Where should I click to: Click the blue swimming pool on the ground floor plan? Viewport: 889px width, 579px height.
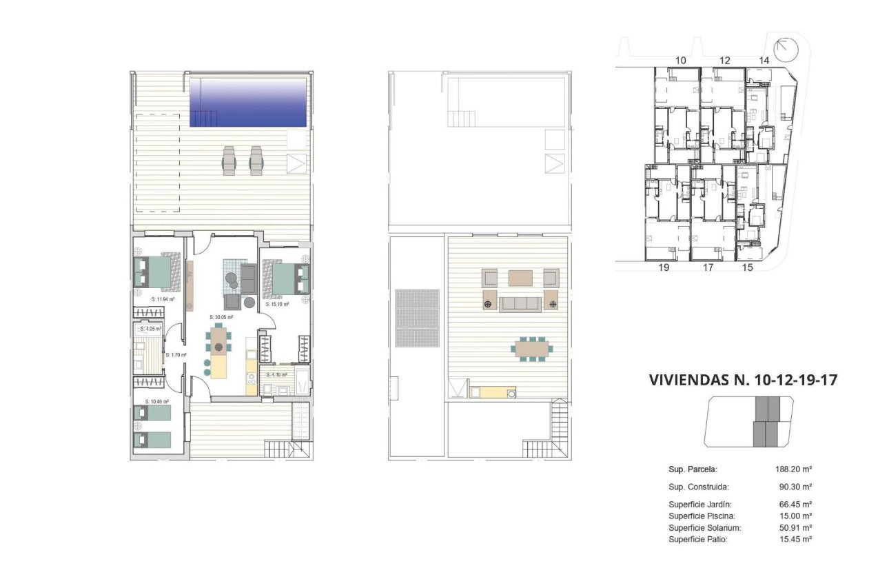pyautogui.click(x=248, y=102)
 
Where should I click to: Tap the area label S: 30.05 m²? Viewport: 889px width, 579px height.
pyautogui.click(x=221, y=317)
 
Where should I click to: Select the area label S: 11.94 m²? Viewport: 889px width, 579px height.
pyautogui.click(x=163, y=300)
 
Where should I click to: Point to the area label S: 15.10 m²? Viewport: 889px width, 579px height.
pyautogui.click(x=276, y=303)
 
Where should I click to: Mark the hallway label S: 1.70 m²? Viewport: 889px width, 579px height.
pyautogui.click(x=176, y=356)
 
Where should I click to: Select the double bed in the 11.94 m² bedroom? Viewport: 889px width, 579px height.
pyautogui.click(x=155, y=272)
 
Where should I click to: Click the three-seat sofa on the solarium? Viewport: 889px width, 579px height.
pyautogui.click(x=519, y=303)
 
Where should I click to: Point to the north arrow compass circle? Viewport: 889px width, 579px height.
pyautogui.click(x=785, y=50)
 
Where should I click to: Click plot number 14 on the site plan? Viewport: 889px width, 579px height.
pyautogui.click(x=764, y=61)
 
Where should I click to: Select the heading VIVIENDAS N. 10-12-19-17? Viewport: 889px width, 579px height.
pyautogui.click(x=743, y=380)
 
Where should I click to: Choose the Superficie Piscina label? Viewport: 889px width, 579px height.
pyautogui.click(x=702, y=516)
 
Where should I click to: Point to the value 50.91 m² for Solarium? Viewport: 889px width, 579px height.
pyautogui.click(x=793, y=527)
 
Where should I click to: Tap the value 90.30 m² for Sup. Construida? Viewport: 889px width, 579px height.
pyautogui.click(x=795, y=487)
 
